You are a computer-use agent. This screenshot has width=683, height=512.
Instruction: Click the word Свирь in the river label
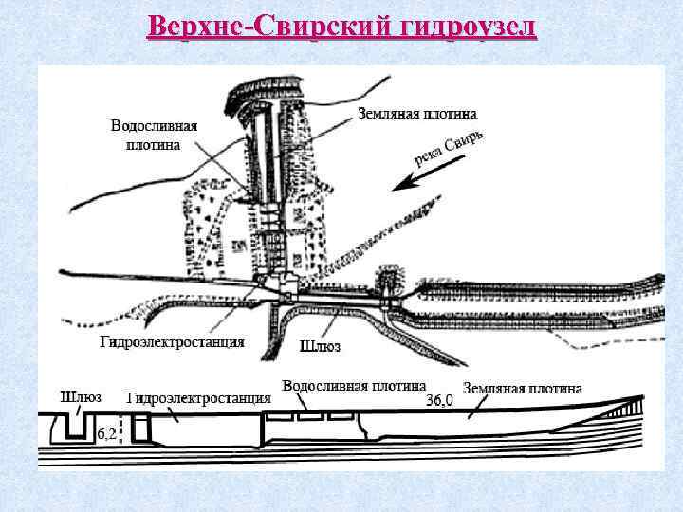coord(465,144)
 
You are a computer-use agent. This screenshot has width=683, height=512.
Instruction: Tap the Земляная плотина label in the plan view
coord(417,113)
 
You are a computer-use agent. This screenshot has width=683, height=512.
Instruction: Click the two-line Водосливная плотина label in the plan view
coord(154,135)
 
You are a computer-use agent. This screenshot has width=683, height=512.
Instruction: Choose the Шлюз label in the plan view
coord(320,346)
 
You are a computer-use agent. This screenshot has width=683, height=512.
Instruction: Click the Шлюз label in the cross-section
coord(81,396)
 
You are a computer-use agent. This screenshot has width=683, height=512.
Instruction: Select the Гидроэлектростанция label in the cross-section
coord(199,398)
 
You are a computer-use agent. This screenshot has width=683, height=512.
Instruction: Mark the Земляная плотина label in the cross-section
coord(523,388)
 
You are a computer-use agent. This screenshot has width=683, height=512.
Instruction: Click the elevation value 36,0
coord(439,400)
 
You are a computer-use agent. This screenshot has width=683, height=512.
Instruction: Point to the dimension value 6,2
coord(107,434)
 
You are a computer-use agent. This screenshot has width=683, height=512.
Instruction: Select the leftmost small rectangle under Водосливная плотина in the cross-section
coord(280,415)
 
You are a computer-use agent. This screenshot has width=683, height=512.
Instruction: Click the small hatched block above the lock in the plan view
coord(387,279)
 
